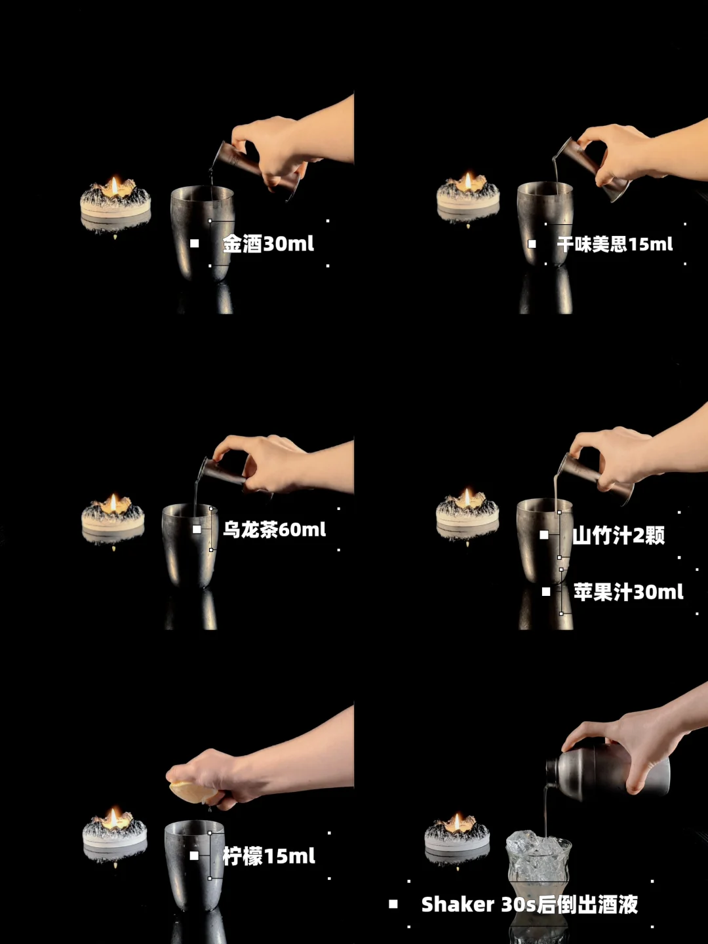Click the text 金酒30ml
268,244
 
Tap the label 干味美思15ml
615,245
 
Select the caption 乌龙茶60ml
274,530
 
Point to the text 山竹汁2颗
619,536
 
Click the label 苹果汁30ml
629,592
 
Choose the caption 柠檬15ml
269,856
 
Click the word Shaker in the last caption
458,905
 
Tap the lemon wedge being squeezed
193,792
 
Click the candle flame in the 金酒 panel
115,186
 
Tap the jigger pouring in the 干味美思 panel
591,169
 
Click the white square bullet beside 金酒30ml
195,243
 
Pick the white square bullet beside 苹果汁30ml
546,592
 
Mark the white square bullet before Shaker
393,904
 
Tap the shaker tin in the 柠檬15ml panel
194,865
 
